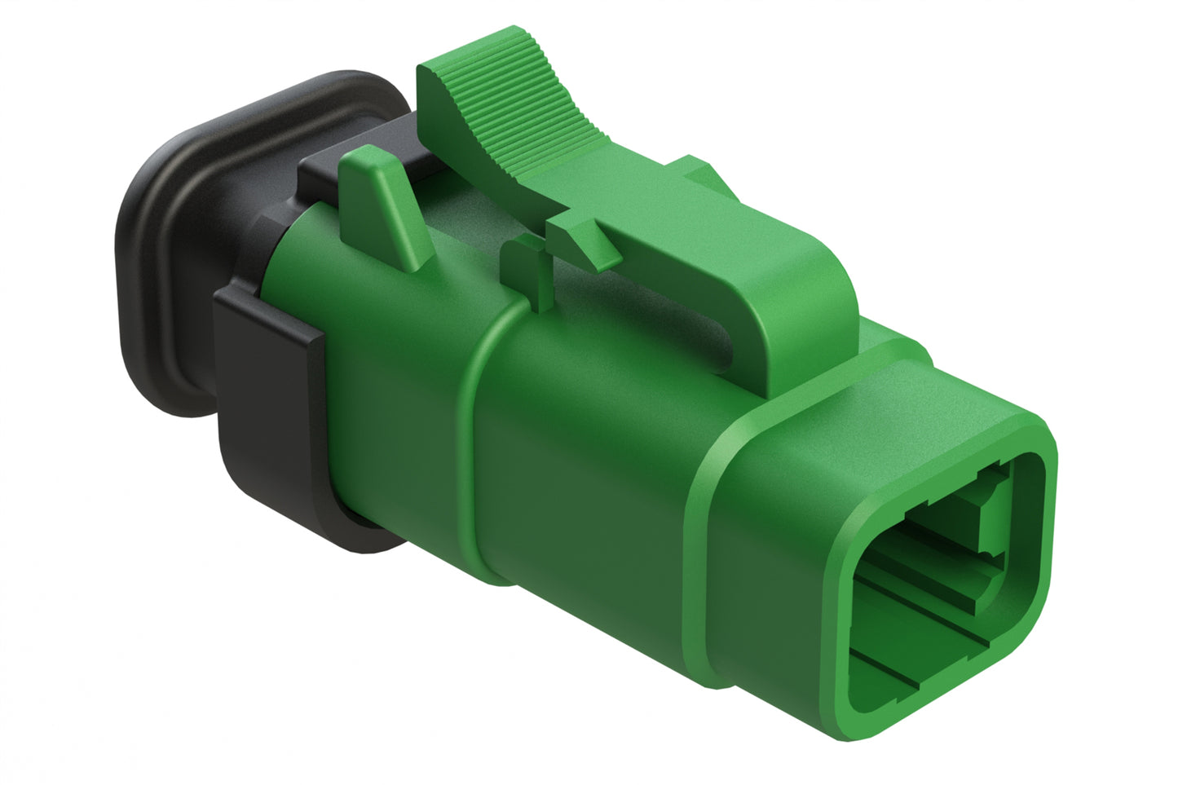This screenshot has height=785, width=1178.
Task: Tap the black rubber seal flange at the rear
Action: click(x=163, y=245)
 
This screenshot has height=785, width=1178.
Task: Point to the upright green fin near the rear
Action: click(x=383, y=204)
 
